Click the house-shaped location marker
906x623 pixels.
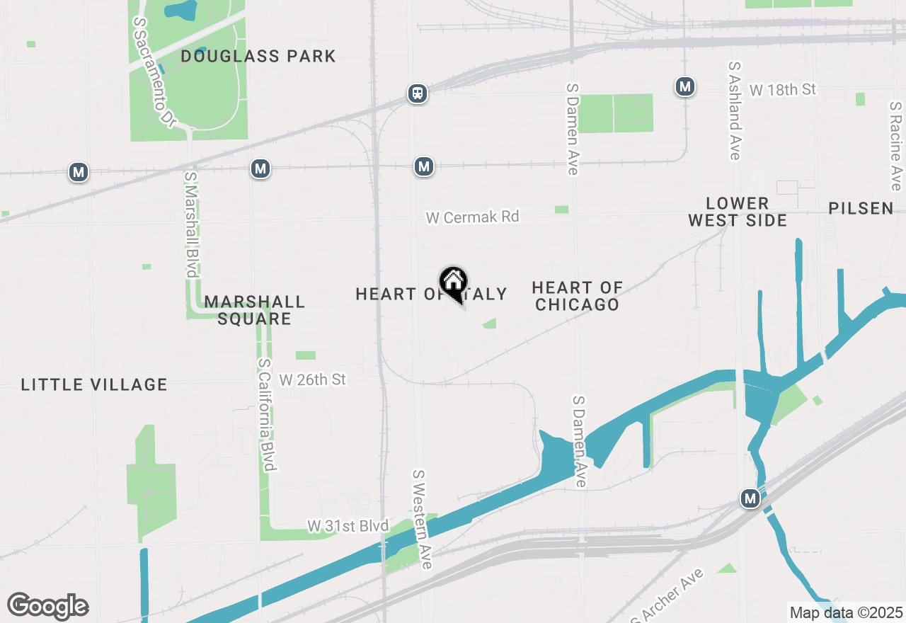453,282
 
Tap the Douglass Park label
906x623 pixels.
258,56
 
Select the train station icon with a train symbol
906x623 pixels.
418,93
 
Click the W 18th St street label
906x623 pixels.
782,90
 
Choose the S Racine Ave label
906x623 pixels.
896,146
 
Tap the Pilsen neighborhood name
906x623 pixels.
861,208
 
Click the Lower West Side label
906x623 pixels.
738,212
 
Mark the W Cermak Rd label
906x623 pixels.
472,217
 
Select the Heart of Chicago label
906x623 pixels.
577,296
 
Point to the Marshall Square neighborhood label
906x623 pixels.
255,310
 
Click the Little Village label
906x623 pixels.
94,384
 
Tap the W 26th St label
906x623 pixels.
313,379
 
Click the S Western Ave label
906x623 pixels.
422,519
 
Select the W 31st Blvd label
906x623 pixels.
348,526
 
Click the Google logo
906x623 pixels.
47,606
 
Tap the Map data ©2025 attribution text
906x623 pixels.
846,612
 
